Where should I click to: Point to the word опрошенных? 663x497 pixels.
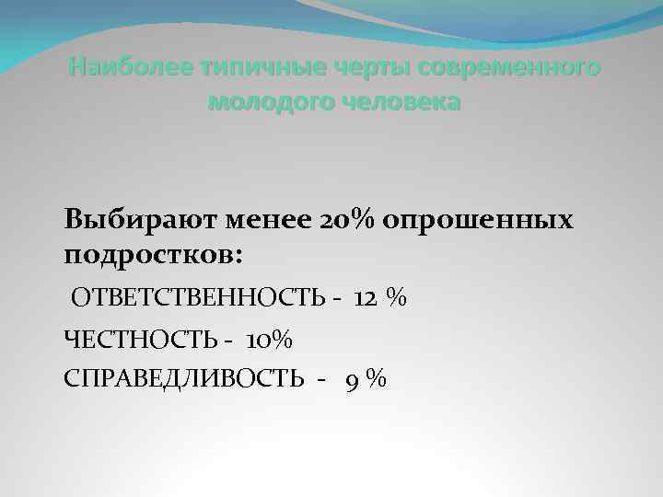476,221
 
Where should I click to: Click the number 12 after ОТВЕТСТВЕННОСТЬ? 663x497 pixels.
365,298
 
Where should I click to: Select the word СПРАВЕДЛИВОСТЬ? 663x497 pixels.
182,378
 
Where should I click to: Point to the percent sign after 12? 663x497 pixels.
397,298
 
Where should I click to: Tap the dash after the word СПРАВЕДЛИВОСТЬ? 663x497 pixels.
321,379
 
